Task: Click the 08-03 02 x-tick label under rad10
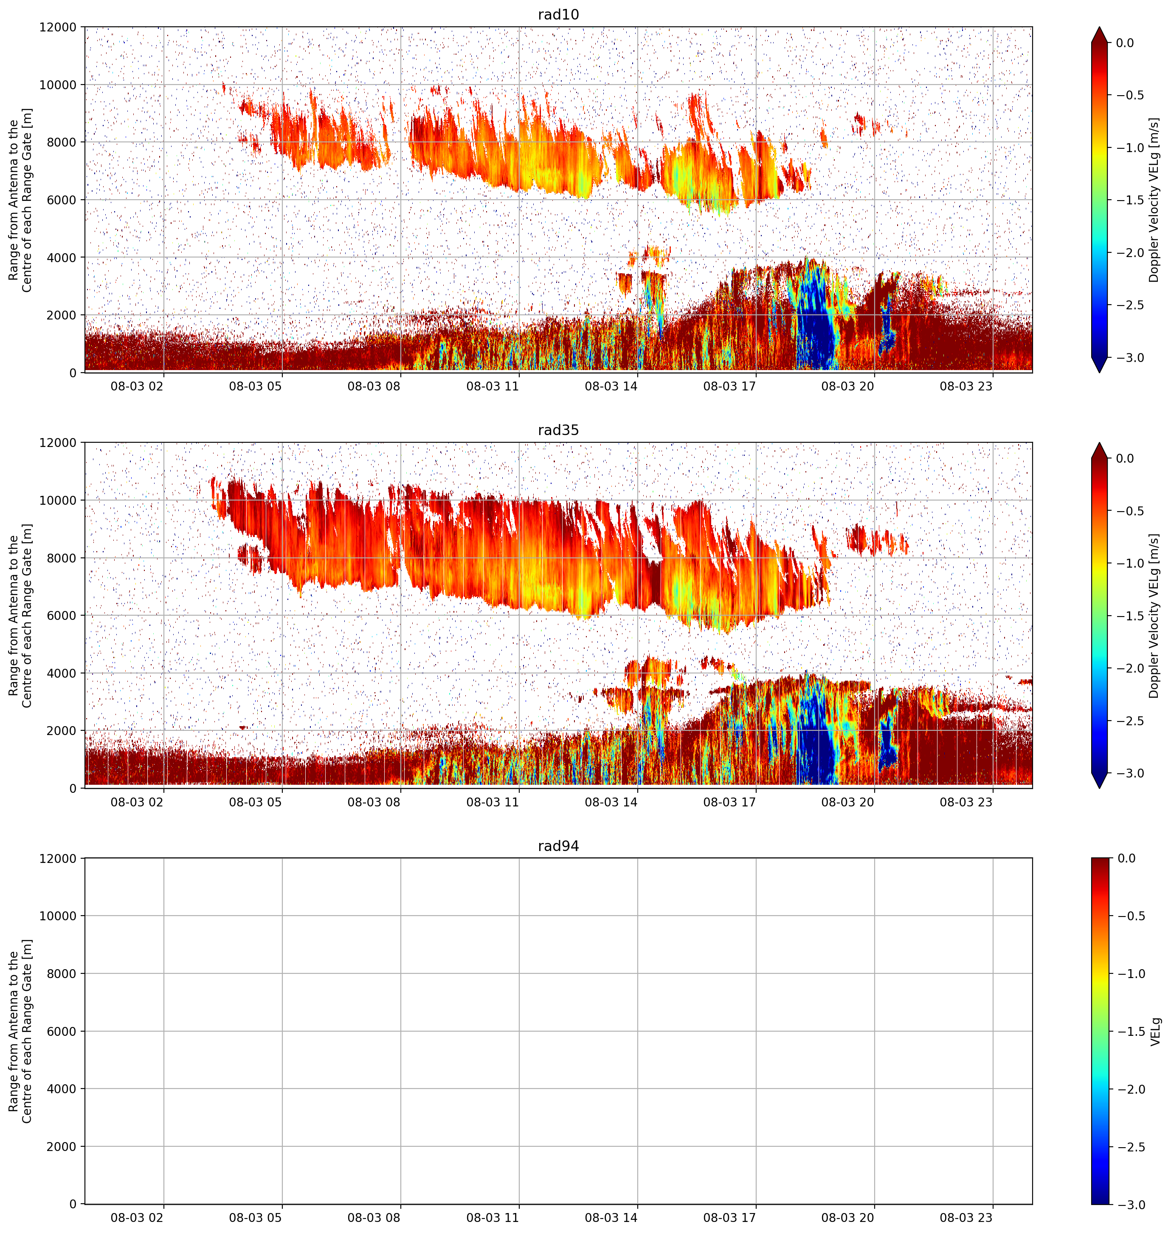(x=137, y=386)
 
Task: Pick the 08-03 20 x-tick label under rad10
(x=847, y=386)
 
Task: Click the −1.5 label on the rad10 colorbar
(x=1130, y=200)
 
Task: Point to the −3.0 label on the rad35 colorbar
(x=1130, y=773)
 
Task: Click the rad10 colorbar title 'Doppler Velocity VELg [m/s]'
(x=1154, y=200)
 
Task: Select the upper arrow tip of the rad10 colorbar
(x=1100, y=27)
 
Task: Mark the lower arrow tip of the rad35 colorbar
(x=1100, y=788)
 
